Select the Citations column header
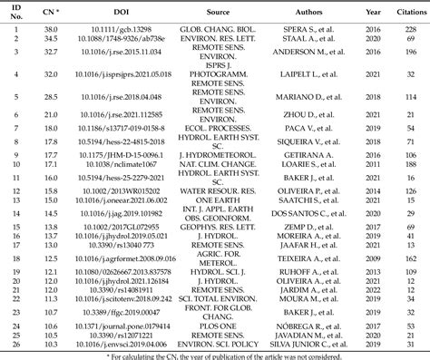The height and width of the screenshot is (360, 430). coord(407,14)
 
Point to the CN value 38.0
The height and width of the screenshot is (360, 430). coord(53,29)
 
